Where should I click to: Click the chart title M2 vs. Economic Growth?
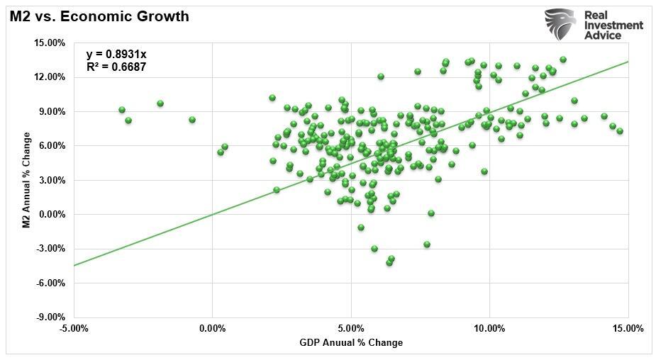pos(99,16)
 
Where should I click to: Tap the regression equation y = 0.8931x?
pos(116,55)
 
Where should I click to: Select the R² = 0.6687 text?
pos(116,67)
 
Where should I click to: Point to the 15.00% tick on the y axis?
pos(50,43)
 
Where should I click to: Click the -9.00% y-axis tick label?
pos(50,317)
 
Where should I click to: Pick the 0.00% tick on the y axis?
pos(52,215)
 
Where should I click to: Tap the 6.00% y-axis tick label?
pos(52,146)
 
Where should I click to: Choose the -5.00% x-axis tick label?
pos(74,329)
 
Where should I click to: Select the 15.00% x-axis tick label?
pos(628,329)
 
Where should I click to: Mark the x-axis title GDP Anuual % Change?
pos(351,343)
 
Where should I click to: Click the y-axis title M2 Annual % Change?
pos(26,180)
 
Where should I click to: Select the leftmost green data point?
pos(122,110)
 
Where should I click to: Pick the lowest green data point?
pos(389,263)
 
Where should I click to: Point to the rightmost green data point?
pos(620,131)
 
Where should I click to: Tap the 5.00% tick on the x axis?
pos(351,329)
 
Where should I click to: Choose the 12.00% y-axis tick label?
pos(50,77)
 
